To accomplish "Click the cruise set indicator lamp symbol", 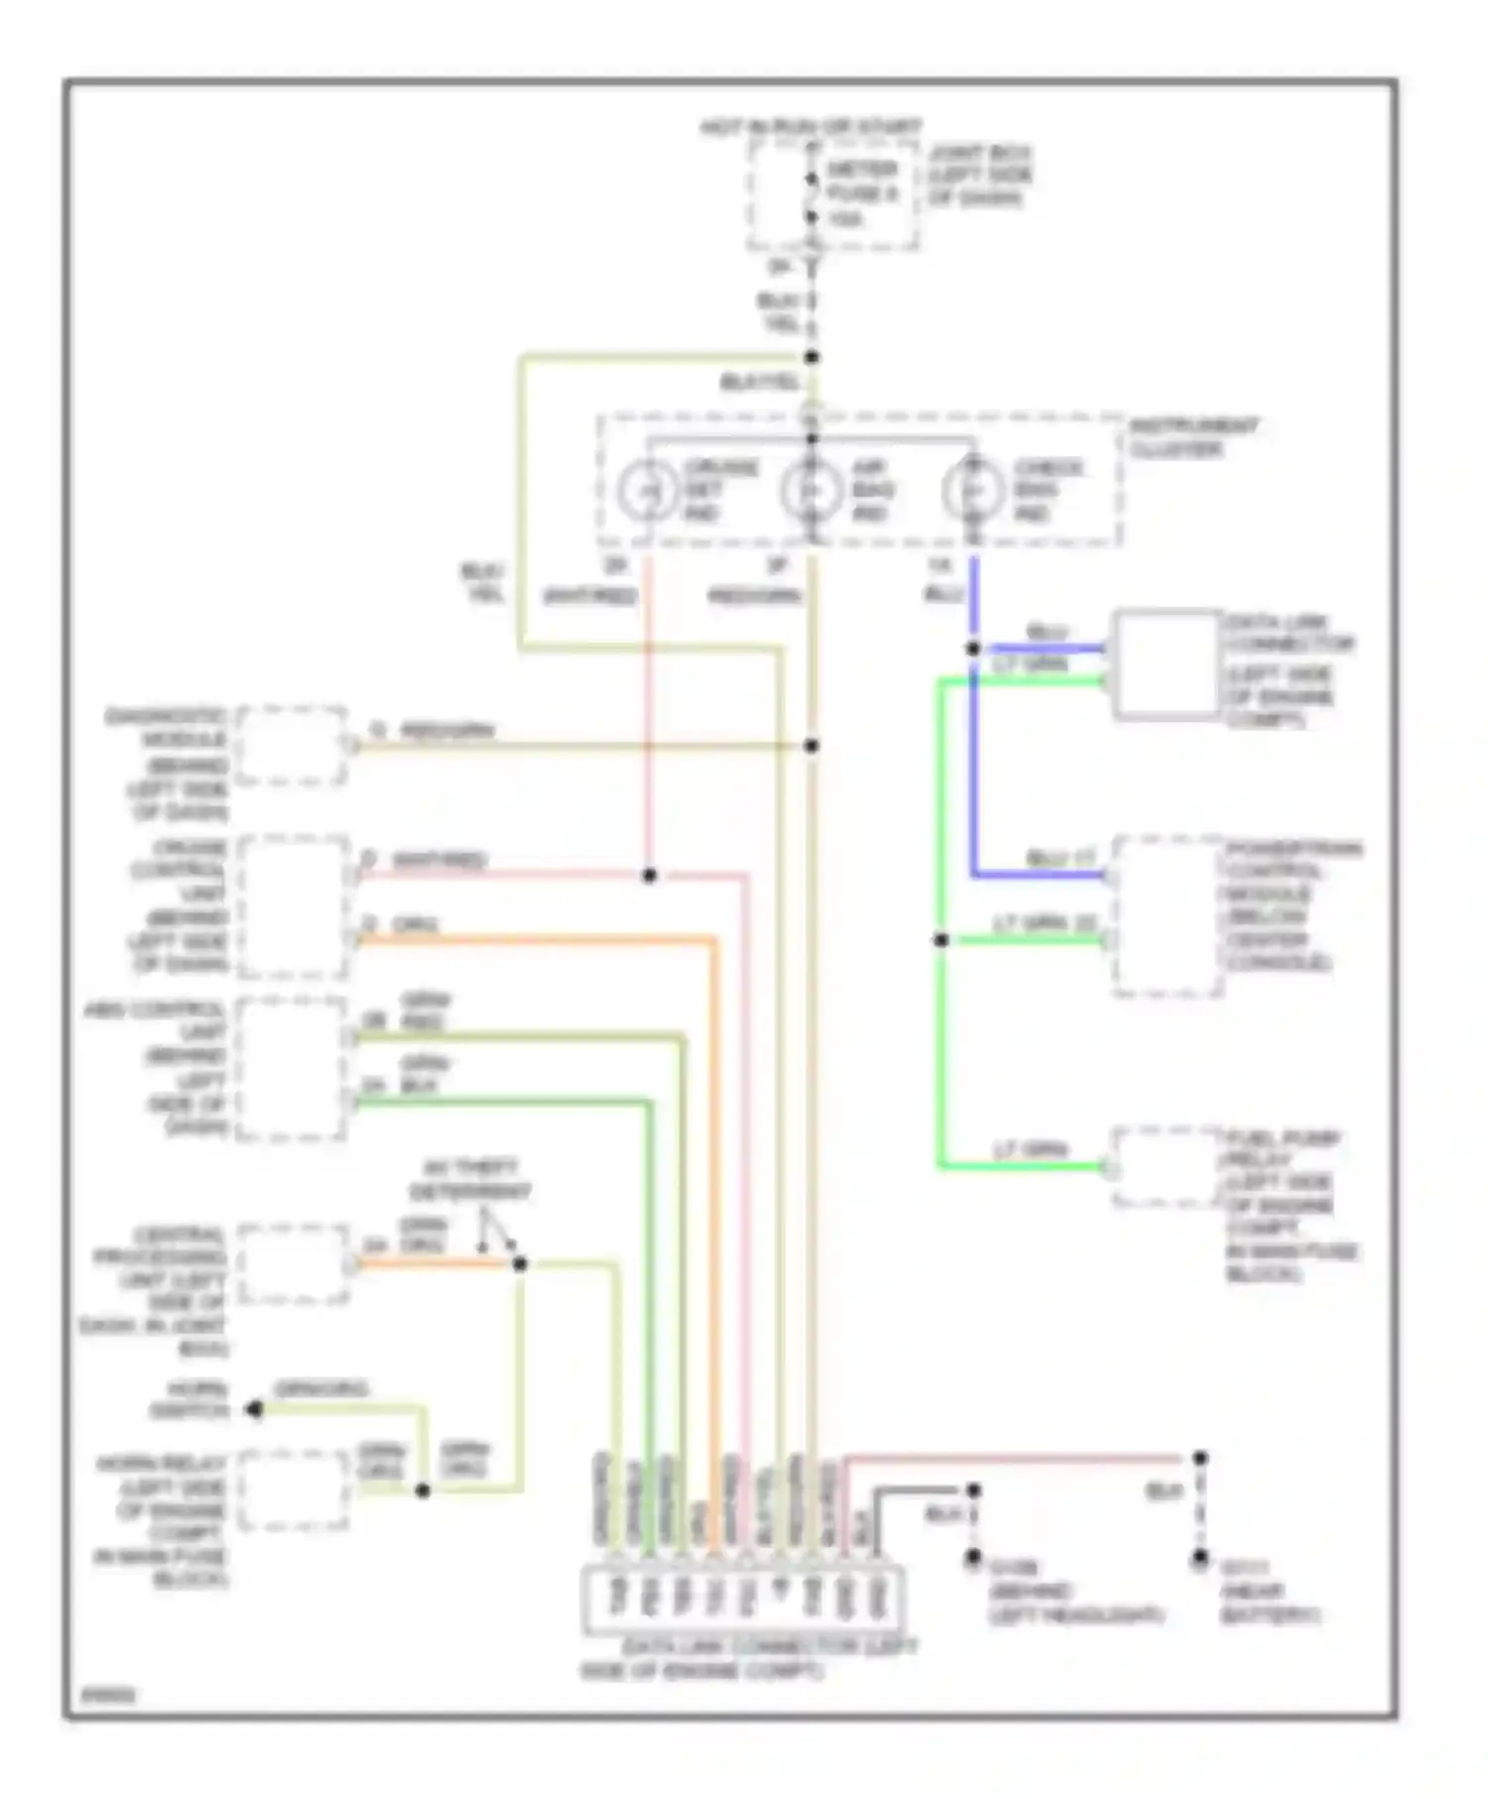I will (647, 490).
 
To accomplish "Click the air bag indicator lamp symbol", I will (810, 490).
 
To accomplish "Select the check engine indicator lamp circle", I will (972, 490).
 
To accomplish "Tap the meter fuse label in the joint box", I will (861, 193).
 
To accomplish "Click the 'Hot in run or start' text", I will (810, 127).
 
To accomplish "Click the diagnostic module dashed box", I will (292, 746).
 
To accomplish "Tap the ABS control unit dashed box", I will (291, 1068).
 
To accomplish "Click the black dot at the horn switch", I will (255, 1409).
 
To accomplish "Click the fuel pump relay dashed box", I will (1167, 1167).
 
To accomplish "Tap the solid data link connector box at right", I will (1167, 662).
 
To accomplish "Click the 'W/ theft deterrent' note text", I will (470, 1179).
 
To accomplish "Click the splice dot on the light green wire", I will (940, 939).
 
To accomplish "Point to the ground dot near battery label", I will (1199, 1559).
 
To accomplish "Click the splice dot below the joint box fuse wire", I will (811, 357).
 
